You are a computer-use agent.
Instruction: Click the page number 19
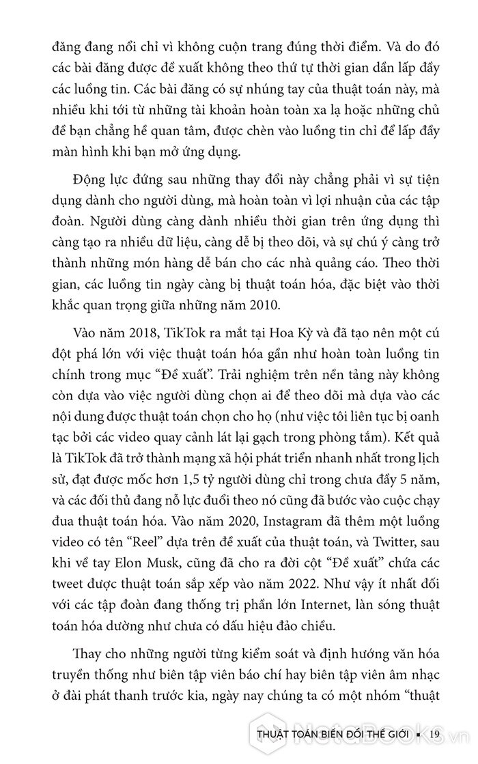(438, 735)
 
